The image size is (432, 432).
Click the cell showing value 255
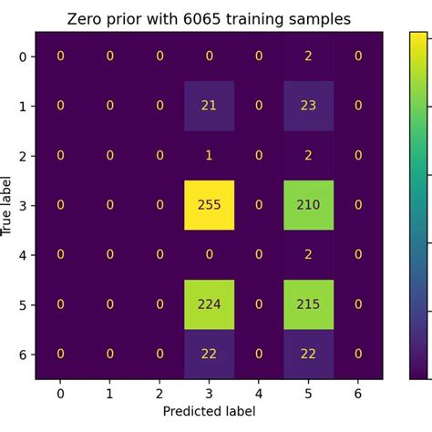click(210, 205)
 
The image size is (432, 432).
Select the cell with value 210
click(308, 205)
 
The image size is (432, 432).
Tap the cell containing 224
click(210, 304)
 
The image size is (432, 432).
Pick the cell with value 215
click(308, 304)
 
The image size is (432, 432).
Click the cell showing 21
click(210, 106)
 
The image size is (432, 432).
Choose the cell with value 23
click(308, 106)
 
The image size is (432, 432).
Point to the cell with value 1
click(210, 156)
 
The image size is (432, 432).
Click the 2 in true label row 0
click(308, 57)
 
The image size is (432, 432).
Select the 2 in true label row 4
click(308, 255)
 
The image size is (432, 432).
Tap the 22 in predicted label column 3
click(210, 354)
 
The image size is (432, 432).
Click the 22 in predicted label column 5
click(308, 354)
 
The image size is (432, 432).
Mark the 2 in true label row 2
click(308, 156)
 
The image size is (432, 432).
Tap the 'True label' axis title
click(8, 206)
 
